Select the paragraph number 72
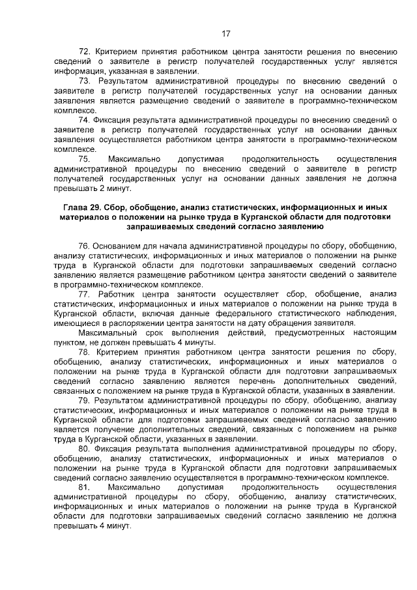tap(84, 52)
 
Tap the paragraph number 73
tap(84, 81)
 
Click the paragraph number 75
tap(84, 159)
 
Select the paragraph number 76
tap(84, 246)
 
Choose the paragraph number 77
tap(84, 295)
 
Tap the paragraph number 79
tap(84, 400)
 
